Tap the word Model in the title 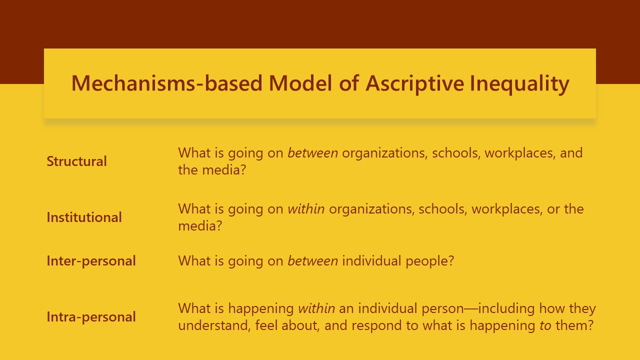(300, 83)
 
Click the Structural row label (76, 161)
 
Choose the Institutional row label (84, 217)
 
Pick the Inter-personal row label (91, 261)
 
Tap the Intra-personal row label (91, 317)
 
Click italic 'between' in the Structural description (313, 153)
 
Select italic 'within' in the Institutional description (306, 209)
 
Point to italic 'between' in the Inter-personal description (313, 261)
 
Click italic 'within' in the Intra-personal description (316, 308)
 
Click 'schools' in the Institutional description (443, 209)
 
